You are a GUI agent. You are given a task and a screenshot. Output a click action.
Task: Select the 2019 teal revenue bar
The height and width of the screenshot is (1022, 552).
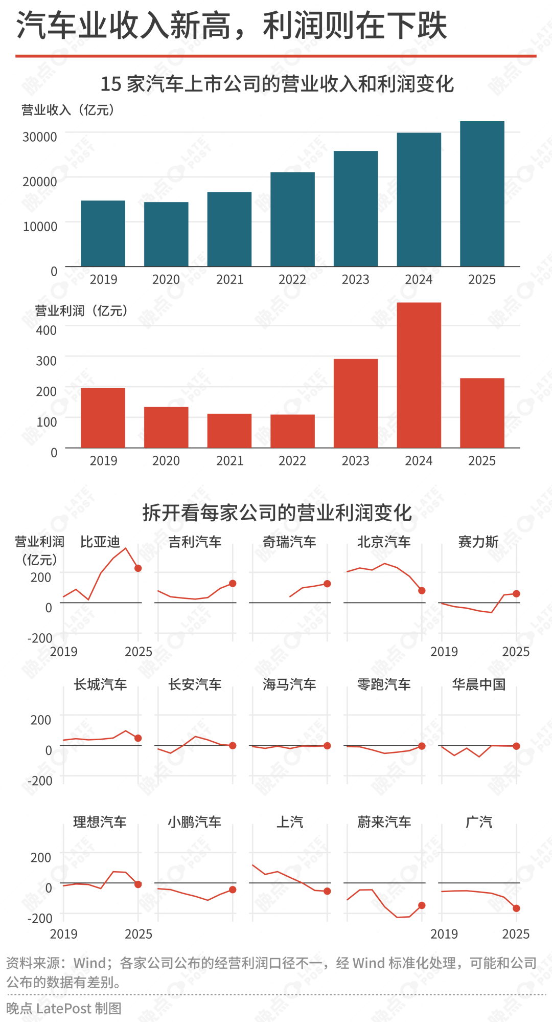tap(103, 233)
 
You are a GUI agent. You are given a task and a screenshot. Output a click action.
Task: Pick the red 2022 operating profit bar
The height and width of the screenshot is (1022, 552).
tap(292, 431)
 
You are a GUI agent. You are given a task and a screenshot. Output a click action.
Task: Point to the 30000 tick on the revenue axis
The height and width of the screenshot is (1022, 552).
tap(39, 137)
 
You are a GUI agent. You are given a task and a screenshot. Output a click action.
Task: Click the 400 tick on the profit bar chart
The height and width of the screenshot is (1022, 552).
tap(46, 330)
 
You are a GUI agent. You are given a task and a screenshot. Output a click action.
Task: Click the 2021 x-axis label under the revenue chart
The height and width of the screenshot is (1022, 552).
tap(229, 280)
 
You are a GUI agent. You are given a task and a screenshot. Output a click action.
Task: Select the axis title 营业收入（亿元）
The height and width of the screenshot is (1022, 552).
tap(67, 110)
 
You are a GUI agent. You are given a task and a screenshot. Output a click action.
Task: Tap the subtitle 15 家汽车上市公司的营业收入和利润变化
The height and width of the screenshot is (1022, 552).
tap(277, 84)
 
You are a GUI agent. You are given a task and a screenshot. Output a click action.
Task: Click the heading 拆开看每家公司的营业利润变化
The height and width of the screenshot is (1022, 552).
tap(277, 513)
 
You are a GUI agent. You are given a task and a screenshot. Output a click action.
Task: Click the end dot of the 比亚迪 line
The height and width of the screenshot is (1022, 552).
tap(138, 568)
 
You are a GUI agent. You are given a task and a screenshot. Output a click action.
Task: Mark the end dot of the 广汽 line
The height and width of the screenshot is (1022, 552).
tap(516, 908)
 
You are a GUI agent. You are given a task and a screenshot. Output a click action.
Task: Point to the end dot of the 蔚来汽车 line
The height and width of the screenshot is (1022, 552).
tap(422, 905)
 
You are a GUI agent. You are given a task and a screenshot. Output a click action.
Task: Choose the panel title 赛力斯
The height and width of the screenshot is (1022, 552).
tap(478, 542)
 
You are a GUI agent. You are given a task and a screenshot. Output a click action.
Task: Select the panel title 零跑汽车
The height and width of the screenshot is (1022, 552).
tap(384, 684)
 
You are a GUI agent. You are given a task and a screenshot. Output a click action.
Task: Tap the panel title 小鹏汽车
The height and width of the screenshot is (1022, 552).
tap(194, 822)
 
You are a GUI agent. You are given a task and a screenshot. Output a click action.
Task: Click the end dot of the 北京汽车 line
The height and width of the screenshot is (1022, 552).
tap(422, 591)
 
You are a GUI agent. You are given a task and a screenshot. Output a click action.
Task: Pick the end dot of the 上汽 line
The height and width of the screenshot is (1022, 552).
tap(327, 891)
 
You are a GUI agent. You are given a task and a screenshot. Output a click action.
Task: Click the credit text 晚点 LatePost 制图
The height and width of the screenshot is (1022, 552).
tap(64, 1008)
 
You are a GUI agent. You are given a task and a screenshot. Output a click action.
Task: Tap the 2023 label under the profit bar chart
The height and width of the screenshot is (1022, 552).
tap(355, 461)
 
